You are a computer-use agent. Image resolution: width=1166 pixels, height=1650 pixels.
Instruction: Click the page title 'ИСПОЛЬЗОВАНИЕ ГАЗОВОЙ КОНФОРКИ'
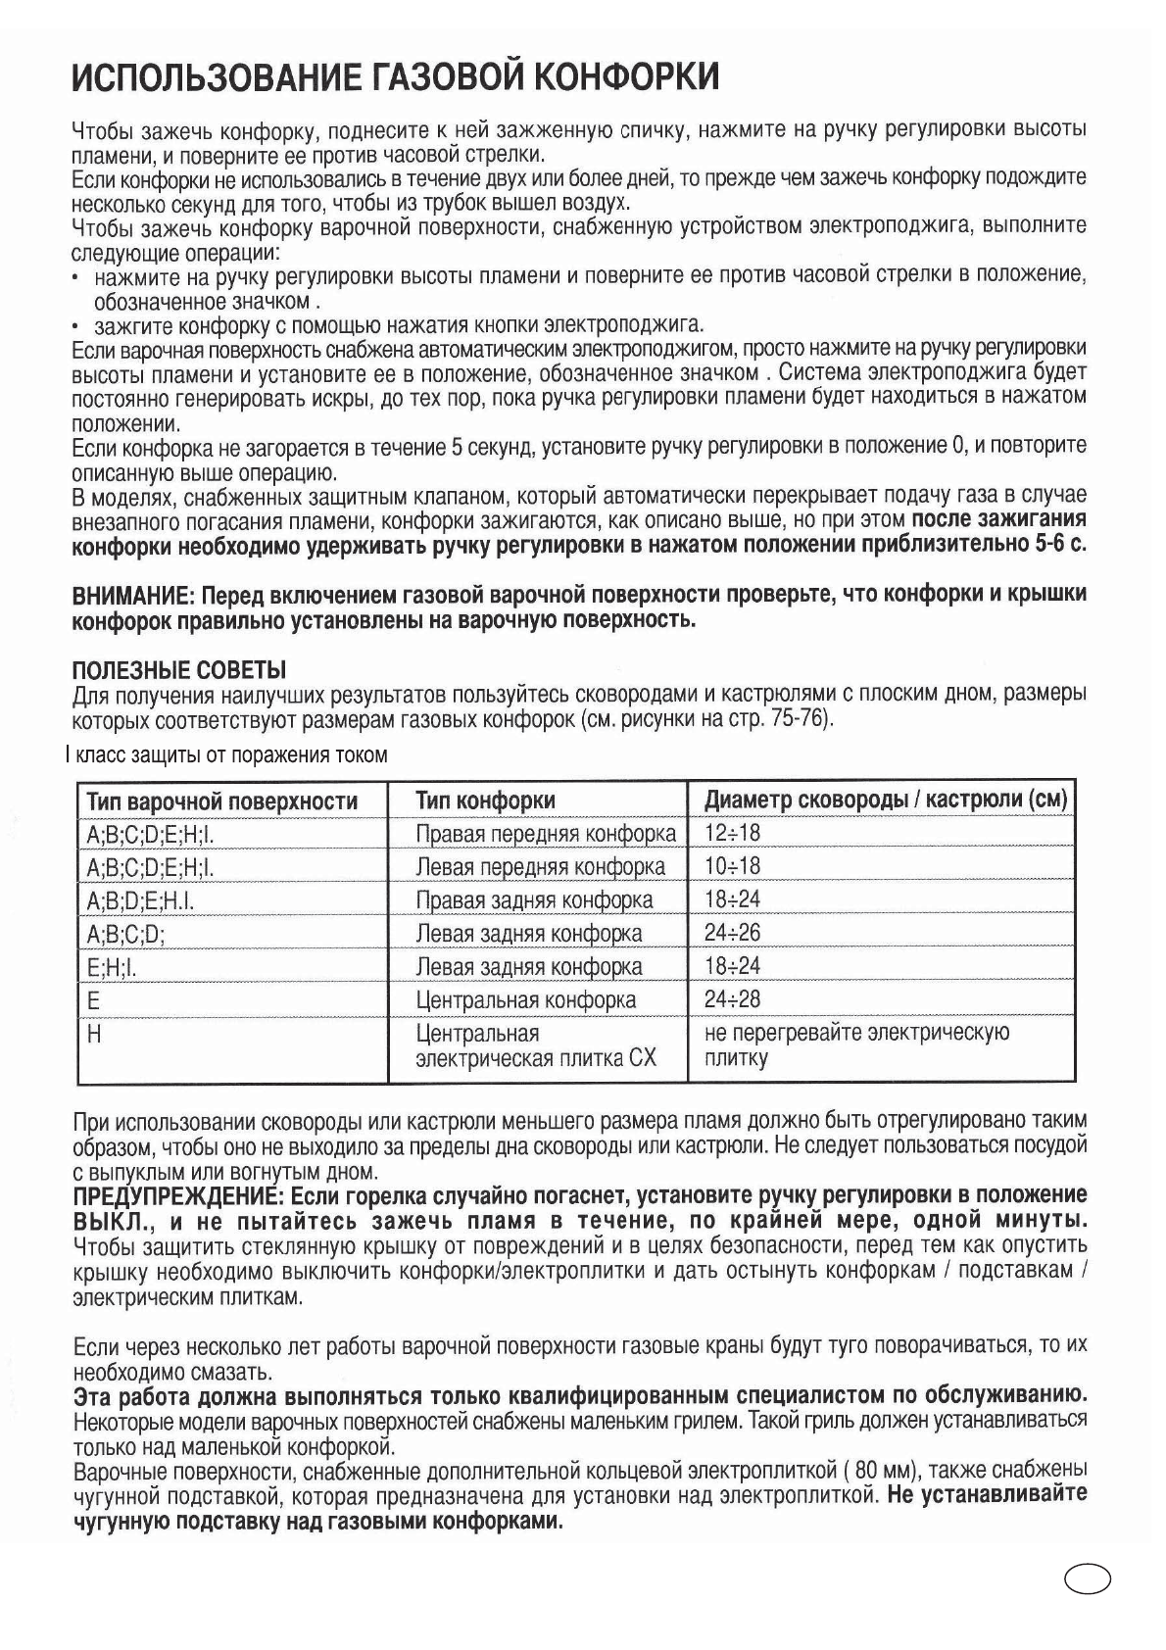tap(396, 76)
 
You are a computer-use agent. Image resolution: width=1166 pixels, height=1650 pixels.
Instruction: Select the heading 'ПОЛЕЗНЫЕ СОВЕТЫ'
tap(179, 671)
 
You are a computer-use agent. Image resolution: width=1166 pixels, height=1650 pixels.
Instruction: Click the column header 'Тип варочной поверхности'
tap(221, 801)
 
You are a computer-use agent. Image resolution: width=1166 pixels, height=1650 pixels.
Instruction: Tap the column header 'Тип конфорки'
tap(485, 801)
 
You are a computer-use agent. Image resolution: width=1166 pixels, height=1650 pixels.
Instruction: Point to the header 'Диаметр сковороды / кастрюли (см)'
tap(885, 801)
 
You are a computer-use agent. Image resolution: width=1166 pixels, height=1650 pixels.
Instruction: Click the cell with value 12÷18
tap(732, 834)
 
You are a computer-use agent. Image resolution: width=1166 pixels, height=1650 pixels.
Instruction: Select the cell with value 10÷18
tap(732, 867)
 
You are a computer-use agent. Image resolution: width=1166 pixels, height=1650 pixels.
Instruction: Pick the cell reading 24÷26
tap(732, 933)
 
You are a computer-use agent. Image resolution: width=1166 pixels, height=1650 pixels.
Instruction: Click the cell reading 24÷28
tap(732, 999)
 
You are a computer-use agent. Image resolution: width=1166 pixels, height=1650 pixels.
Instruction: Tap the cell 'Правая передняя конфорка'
tap(546, 834)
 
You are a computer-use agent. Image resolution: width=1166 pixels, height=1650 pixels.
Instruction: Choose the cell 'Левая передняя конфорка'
tap(540, 867)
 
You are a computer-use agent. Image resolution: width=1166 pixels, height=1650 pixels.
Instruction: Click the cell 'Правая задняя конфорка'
tap(534, 900)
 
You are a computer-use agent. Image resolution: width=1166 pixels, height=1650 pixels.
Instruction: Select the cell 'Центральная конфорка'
tap(525, 1000)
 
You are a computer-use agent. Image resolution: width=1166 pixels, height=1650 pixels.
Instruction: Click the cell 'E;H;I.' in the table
tap(111, 967)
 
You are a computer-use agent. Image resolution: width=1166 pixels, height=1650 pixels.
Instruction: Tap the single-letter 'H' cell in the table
tap(94, 1034)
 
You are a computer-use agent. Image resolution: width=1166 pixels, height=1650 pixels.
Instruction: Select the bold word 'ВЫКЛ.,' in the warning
tap(112, 1222)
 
